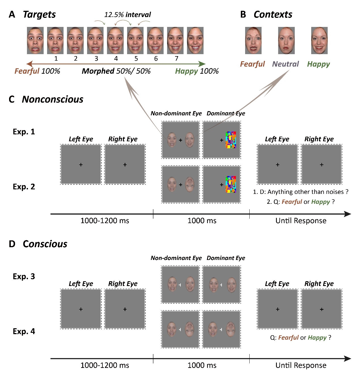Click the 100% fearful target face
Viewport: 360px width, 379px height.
click(x=35, y=41)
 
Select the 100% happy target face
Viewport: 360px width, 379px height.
click(x=195, y=41)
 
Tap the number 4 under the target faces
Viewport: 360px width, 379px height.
click(x=116, y=59)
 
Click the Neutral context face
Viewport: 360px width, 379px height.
click(x=286, y=41)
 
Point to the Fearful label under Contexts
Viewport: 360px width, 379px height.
click(x=252, y=64)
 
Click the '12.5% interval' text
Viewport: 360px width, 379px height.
click(x=127, y=15)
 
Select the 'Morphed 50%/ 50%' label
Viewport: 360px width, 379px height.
click(x=116, y=71)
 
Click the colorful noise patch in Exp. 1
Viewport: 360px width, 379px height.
click(x=231, y=140)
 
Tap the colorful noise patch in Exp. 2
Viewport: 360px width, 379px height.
click(x=231, y=184)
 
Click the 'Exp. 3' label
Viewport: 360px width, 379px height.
click(x=24, y=276)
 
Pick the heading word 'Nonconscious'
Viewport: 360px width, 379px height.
click(x=52, y=99)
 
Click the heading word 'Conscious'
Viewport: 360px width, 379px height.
click(x=45, y=244)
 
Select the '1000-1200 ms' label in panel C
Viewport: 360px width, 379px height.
click(x=105, y=221)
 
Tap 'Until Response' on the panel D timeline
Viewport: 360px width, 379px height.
click(x=301, y=365)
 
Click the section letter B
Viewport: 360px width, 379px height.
click(x=243, y=14)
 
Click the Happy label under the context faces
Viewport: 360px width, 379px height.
click(x=318, y=64)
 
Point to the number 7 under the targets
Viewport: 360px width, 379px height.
click(x=176, y=59)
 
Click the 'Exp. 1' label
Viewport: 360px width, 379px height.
click(x=24, y=132)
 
